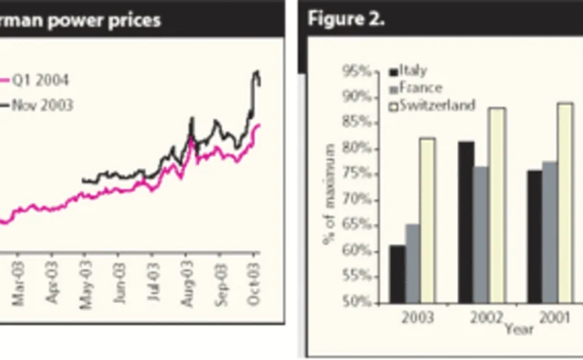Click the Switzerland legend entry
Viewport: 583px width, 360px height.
pos(436,105)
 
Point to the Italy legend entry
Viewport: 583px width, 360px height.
pos(414,72)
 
